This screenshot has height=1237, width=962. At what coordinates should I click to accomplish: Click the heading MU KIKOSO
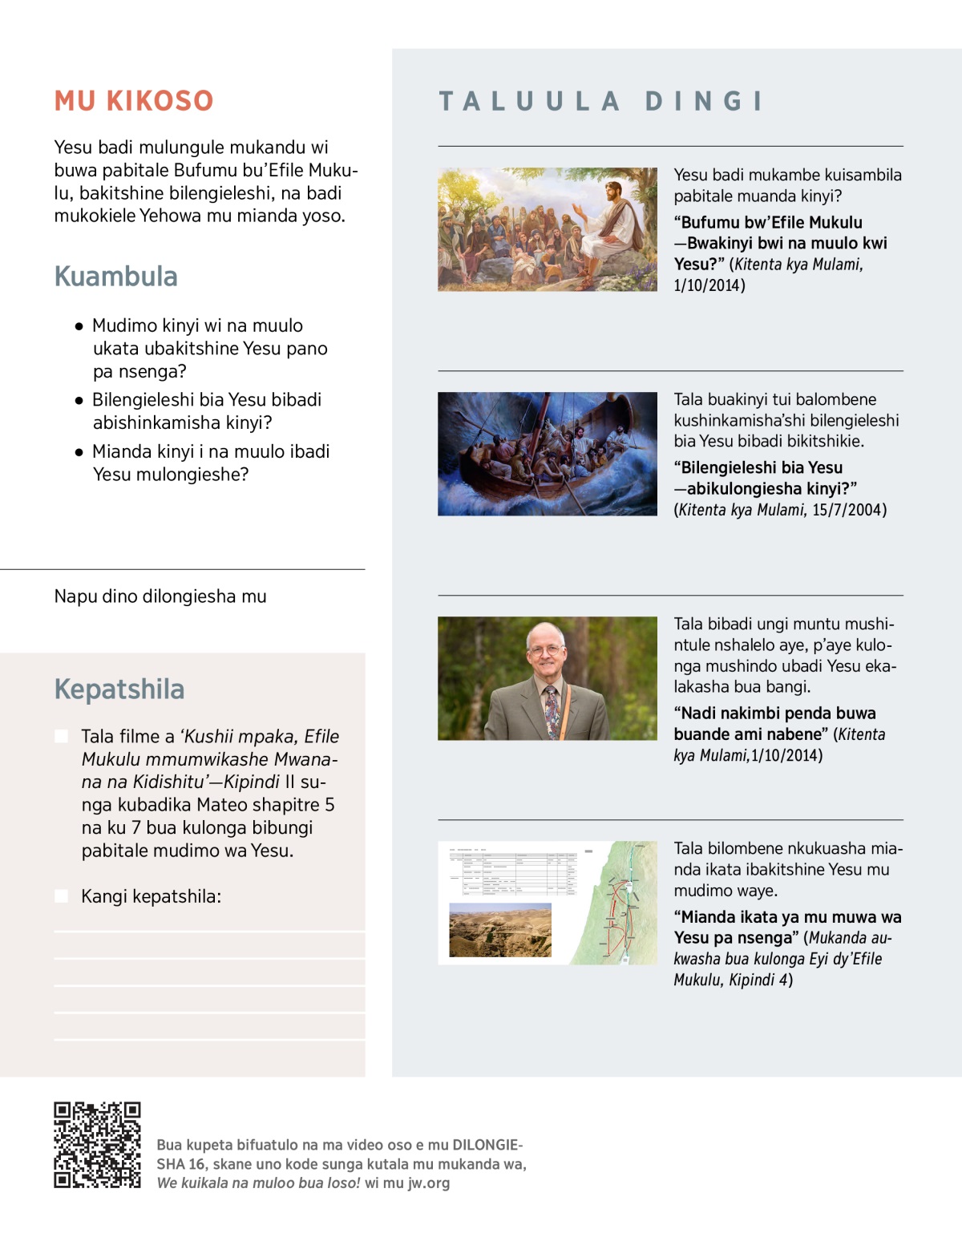click(134, 101)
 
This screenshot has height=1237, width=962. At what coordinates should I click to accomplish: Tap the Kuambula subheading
click(116, 277)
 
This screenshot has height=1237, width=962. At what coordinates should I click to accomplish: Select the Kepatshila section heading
click(119, 689)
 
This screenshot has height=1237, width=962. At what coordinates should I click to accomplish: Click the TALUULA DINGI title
click(601, 101)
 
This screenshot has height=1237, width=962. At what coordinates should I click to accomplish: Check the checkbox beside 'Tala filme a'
click(61, 736)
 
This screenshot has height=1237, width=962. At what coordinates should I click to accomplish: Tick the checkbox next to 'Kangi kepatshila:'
click(61, 895)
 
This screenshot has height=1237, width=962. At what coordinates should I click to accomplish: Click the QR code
click(97, 1145)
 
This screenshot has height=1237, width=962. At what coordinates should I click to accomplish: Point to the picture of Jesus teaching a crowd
click(548, 229)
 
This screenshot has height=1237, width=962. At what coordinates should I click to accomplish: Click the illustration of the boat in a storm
click(548, 454)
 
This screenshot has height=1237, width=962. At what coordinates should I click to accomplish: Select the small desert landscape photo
click(500, 930)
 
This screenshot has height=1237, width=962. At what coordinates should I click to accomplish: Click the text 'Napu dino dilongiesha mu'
click(160, 596)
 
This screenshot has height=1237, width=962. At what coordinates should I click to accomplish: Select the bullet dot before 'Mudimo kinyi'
click(79, 326)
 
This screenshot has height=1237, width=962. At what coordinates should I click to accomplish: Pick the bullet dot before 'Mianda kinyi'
click(79, 452)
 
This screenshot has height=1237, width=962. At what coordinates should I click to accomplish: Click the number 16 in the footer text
click(197, 1164)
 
